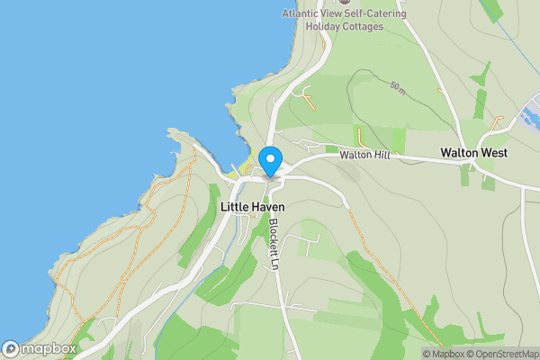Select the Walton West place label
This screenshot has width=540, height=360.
click(473, 153)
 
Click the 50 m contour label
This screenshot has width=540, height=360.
click(398, 87)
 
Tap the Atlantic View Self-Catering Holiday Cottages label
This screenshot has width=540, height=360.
click(344, 20)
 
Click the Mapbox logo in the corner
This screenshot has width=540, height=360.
click(39, 348)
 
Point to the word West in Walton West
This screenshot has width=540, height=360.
click(493, 153)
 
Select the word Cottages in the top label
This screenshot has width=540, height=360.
click(363, 26)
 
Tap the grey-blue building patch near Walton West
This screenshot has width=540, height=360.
click(528, 117)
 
